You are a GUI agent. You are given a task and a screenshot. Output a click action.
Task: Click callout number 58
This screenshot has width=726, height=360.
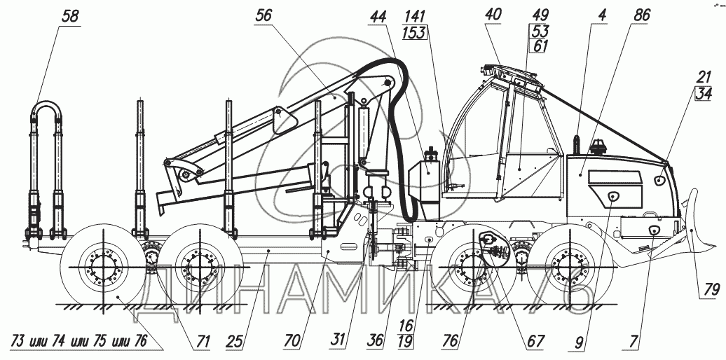[69, 17]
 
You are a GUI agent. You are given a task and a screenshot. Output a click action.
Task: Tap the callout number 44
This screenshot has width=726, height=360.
[378, 17]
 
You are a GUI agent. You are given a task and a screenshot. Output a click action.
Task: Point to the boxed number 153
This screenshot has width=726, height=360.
[414, 33]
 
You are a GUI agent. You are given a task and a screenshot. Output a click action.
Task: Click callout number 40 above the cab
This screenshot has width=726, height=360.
[493, 14]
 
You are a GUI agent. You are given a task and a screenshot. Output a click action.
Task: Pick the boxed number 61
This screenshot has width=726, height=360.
[540, 46]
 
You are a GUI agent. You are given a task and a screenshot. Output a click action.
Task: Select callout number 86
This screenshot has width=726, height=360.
[642, 15]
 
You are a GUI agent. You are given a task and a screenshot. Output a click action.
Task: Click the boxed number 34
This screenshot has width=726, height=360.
[704, 93]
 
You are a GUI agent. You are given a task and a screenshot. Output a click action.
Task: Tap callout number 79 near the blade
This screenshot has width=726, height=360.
[711, 289]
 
